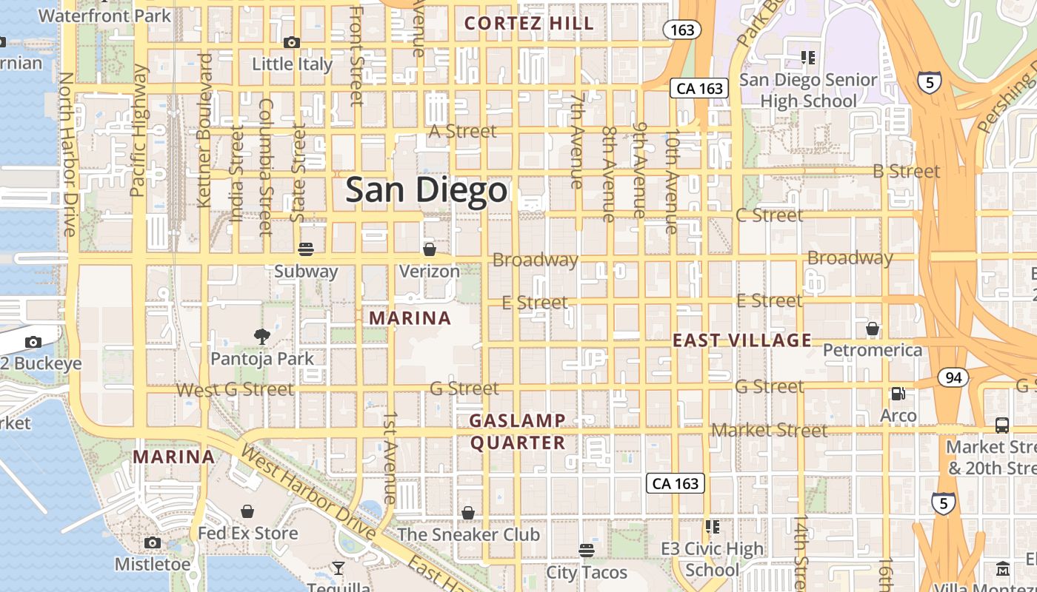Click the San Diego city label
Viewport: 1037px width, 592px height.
[427, 190]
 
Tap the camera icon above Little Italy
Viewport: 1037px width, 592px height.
[292, 43]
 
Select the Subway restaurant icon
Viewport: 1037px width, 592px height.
[306, 249]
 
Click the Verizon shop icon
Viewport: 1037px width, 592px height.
[430, 249]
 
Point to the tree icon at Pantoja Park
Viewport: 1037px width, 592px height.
[261, 337]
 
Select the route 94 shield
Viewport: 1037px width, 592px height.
[953, 378]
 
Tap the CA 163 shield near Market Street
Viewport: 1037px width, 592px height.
[676, 483]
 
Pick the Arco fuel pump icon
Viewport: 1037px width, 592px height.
[898, 394]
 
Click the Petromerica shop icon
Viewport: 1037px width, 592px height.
[873, 328]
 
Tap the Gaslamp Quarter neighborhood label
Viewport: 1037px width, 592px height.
[518, 431]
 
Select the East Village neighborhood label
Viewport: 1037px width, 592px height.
[742, 340]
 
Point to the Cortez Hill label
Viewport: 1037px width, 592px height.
[529, 24]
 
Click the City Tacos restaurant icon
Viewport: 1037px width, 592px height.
[587, 550]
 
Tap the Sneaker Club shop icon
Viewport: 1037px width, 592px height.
[468, 513]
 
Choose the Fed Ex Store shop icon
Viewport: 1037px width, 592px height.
[247, 511]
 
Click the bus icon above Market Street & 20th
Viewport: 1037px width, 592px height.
[1002, 425]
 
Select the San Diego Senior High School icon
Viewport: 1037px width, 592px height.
[808, 57]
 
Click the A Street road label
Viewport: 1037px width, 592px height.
[464, 132]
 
